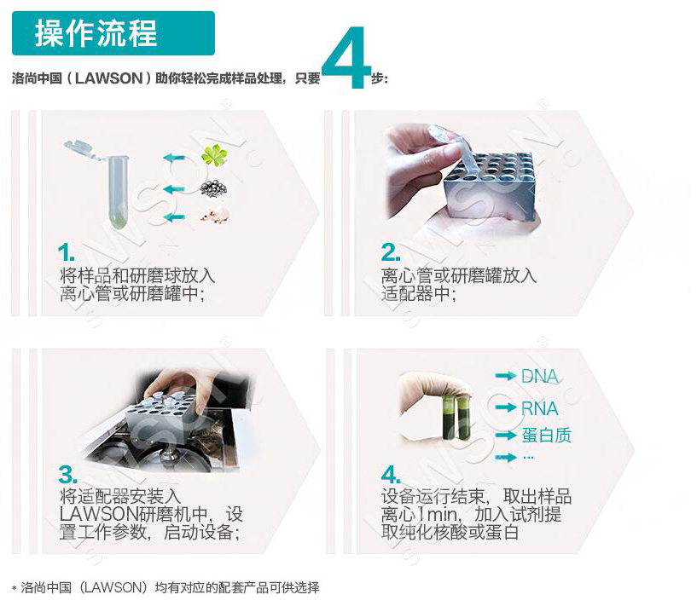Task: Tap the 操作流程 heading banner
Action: coord(113,33)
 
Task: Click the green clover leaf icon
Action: coord(214,155)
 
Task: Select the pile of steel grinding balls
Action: coord(213,188)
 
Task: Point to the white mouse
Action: coord(215,214)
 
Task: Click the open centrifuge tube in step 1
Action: coord(103,182)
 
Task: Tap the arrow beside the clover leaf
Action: coord(174,158)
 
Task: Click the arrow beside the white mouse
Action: coord(174,217)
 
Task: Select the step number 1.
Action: coord(66,252)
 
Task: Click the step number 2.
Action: coord(390,252)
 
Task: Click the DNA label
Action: coord(540,377)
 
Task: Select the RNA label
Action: coord(540,408)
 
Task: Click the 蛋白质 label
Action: coord(546,436)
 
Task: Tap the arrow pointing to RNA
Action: coord(506,407)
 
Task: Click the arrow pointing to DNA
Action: coord(506,376)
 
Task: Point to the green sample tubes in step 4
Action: coord(456,418)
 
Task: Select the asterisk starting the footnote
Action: coord(15,588)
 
